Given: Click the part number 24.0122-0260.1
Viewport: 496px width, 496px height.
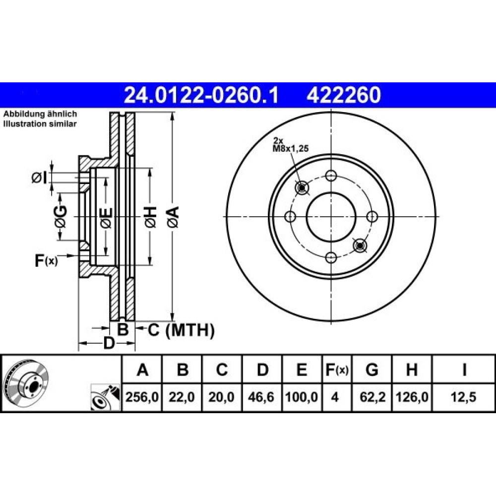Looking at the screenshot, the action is coord(201,95).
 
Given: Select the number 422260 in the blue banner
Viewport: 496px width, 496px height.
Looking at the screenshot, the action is coord(343,95).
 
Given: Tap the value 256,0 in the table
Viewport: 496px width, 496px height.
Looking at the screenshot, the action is coord(142,397).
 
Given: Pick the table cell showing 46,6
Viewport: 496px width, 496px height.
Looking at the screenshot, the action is coord(261,397).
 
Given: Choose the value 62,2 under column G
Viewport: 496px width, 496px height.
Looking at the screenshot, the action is coord(372,397).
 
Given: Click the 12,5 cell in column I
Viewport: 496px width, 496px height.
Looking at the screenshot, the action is coord(464,397).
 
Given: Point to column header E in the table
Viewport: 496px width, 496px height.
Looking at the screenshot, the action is coord(302,370).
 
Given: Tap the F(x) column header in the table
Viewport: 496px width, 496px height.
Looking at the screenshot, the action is coord(337,370).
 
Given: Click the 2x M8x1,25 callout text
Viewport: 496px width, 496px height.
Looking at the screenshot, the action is coord(290,145).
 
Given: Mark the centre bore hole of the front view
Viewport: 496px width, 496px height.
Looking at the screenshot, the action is coord(331,217).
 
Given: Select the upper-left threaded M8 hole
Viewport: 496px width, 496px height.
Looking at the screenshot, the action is coord(302,188).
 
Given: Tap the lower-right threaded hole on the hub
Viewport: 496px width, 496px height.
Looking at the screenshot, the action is coord(360,246).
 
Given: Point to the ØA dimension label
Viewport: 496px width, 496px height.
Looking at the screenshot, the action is coord(174,217).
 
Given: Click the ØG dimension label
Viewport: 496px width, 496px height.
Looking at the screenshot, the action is coord(61,217).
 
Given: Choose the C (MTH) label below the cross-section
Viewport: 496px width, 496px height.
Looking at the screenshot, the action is coord(181,330).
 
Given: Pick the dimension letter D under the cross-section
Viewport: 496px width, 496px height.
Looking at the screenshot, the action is coord(109,343).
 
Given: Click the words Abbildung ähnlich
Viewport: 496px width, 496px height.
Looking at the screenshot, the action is coord(40,114).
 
